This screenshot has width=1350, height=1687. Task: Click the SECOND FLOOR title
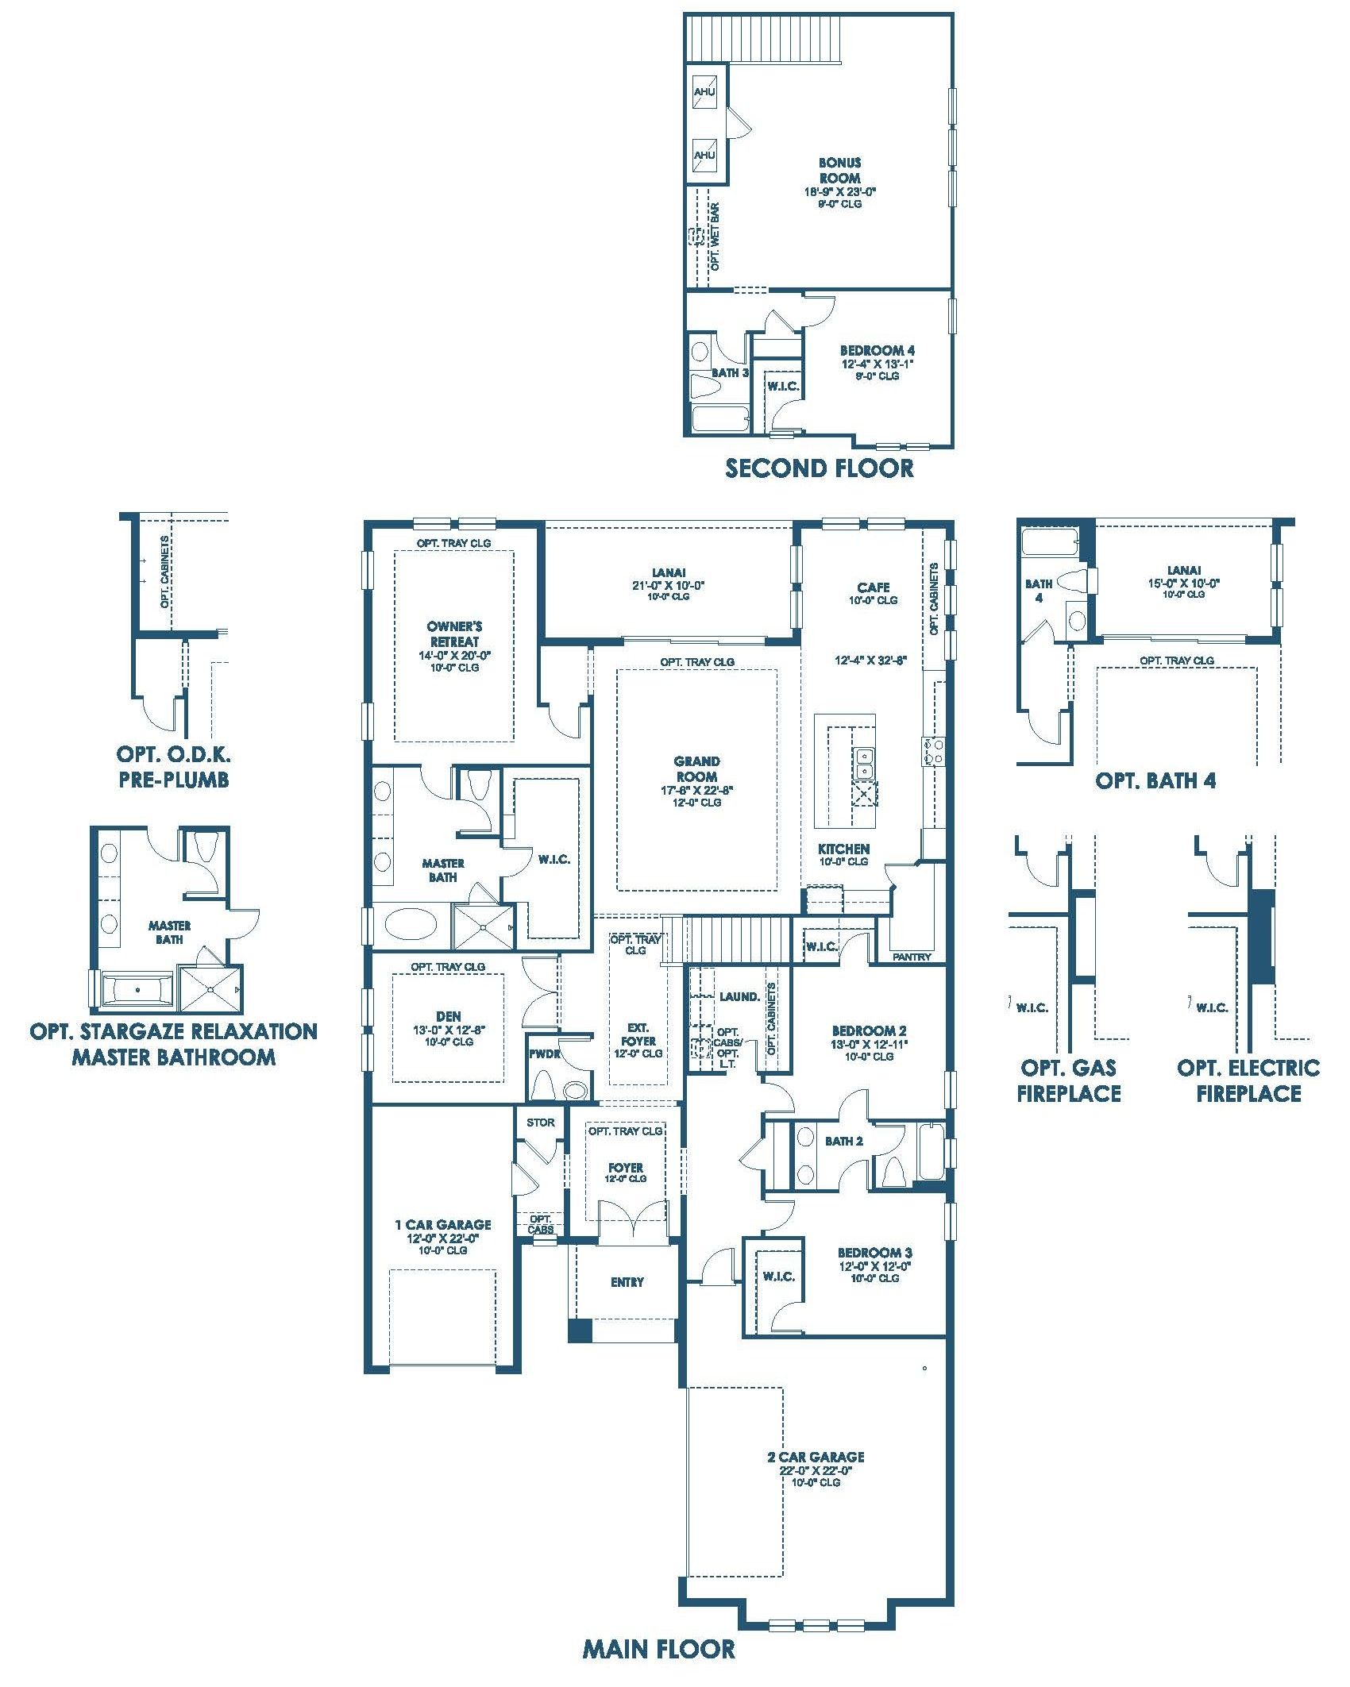coord(820,468)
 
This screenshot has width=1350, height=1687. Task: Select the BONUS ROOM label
coord(839,171)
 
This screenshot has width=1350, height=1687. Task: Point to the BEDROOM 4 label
coord(872,350)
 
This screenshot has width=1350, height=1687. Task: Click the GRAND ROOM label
coord(697,769)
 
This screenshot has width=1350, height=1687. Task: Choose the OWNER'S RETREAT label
coord(454,634)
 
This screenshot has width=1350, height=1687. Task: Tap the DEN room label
coord(449,1015)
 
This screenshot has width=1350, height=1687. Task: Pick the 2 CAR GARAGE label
coord(816,1457)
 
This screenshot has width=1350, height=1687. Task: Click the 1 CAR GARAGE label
coord(443,1225)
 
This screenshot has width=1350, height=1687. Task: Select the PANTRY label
coord(912,957)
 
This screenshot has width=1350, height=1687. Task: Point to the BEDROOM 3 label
coord(870,1253)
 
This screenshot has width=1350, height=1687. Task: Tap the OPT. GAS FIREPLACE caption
coord(1069,1080)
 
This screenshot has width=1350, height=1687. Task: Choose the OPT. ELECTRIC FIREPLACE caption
coord(1248,1080)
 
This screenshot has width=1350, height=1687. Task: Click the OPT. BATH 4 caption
coord(1155,780)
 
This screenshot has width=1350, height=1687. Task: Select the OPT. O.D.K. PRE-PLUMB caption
coord(174,766)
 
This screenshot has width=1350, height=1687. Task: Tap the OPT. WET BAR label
coord(715,237)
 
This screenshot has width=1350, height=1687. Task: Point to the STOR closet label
coord(541,1123)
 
